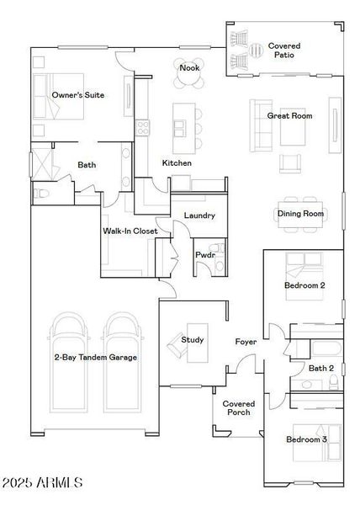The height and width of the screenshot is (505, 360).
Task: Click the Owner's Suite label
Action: click(x=78, y=95)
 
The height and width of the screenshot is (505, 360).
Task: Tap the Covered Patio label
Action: click(x=283, y=50)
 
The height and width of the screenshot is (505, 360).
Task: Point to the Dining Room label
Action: click(x=300, y=214)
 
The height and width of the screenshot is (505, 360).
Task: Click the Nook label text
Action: click(x=188, y=67)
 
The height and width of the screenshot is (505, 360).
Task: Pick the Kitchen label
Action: click(x=177, y=162)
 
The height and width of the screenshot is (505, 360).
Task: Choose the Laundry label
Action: click(x=199, y=215)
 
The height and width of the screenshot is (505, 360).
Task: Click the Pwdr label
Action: click(x=206, y=253)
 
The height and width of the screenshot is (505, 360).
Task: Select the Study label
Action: click(x=193, y=340)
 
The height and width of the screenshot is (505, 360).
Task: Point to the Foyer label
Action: click(x=246, y=342)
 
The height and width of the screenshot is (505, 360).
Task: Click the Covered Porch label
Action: click(x=238, y=408)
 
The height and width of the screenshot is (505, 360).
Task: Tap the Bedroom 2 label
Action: click(x=304, y=286)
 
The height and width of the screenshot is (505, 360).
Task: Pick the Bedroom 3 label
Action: click(x=306, y=439)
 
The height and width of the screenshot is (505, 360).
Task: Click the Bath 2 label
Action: click(x=321, y=368)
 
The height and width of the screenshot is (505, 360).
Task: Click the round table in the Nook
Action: click(x=189, y=81)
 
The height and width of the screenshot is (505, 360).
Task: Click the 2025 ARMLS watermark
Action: click(x=42, y=482)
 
